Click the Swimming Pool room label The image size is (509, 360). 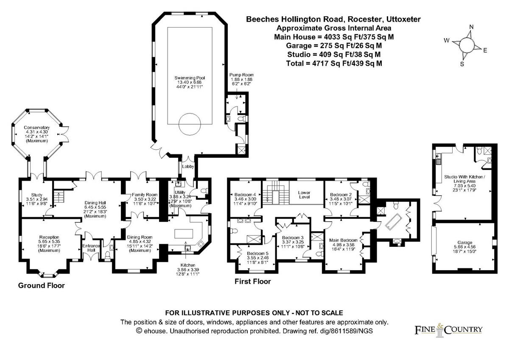(x=189, y=78)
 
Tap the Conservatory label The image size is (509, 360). (x=36, y=128)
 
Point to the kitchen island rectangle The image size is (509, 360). (x=185, y=234)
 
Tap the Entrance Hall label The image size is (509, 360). (x=91, y=248)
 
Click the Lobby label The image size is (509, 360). (x=187, y=167)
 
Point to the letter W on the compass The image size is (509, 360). (x=446, y=40)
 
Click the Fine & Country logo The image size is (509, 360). (x=448, y=329)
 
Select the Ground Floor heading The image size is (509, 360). (x=41, y=286)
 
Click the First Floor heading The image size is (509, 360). (x=252, y=281)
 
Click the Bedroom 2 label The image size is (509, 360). (x=341, y=195)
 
